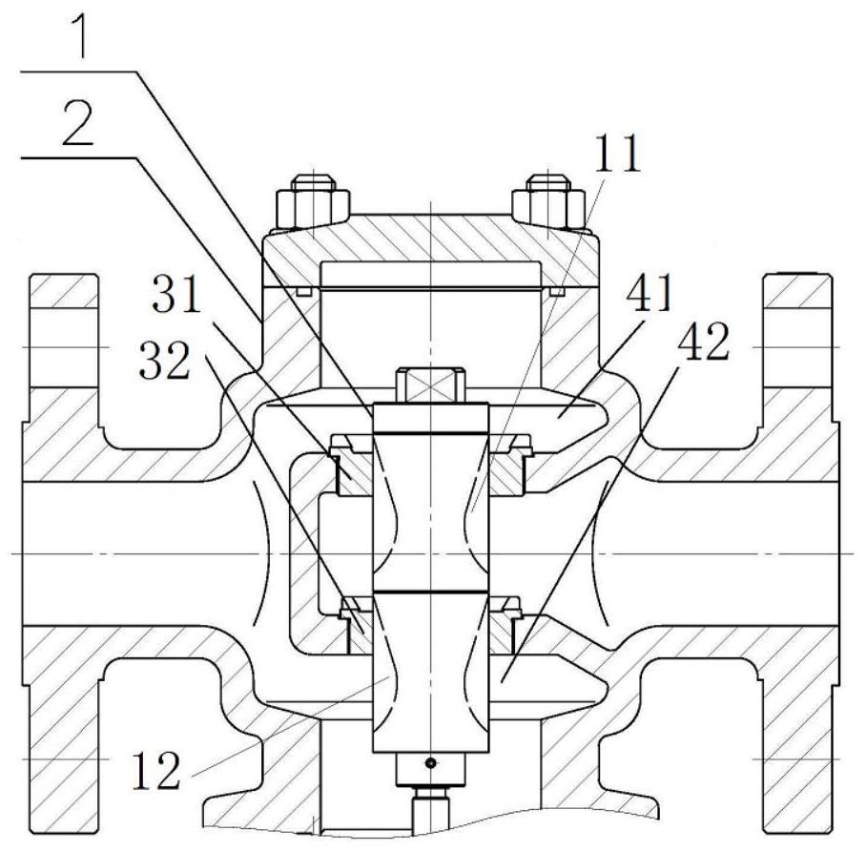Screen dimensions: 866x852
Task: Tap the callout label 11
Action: (x=617, y=153)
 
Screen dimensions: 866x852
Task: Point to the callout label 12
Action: (x=156, y=769)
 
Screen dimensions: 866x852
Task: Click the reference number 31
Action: (x=176, y=294)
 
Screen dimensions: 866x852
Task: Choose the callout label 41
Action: (x=649, y=292)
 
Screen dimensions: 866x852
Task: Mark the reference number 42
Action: (x=704, y=343)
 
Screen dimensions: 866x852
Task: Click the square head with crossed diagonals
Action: (x=431, y=385)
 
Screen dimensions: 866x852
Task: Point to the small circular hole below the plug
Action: (x=431, y=763)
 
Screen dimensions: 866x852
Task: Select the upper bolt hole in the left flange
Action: (x=65, y=347)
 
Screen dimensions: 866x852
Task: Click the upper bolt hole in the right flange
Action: (x=797, y=347)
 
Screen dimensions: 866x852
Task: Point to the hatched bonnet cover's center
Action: (x=431, y=243)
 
